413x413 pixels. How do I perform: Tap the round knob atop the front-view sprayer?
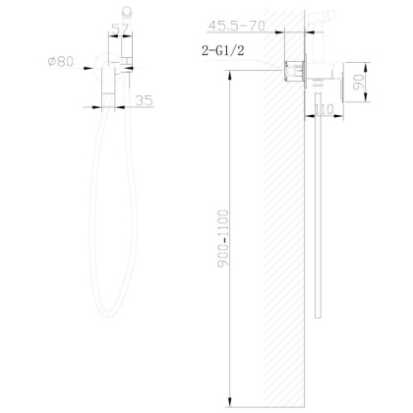(121, 12)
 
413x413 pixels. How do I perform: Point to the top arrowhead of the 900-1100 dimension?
(228, 83)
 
